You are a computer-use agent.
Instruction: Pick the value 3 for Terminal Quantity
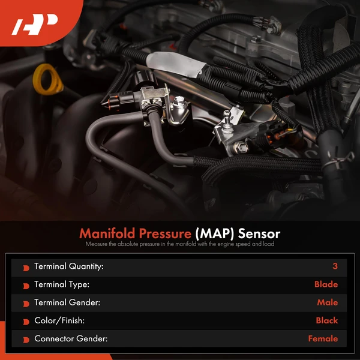(335, 267)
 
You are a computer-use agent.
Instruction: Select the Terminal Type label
(62, 285)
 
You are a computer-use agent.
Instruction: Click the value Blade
(326, 285)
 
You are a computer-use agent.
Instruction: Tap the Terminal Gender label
(66, 303)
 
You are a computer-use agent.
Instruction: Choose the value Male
(328, 303)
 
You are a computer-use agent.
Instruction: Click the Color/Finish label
(60, 321)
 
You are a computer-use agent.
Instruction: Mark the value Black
(327, 321)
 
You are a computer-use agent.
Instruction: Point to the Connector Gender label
(71, 339)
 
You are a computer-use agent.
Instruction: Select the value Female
(323, 339)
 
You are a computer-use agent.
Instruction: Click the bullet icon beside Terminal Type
(26, 286)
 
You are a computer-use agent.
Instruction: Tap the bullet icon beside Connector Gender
(26, 340)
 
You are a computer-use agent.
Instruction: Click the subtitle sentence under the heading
(180, 245)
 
